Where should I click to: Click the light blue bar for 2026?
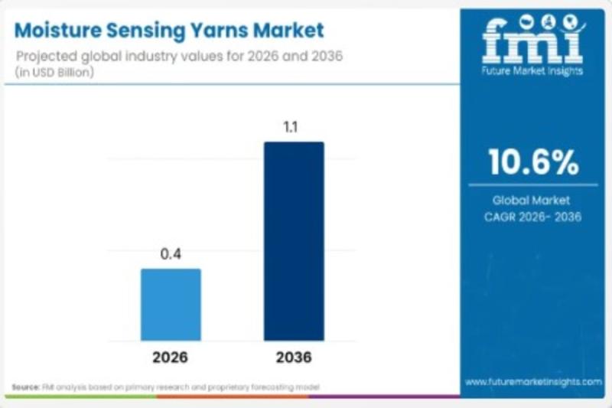pos(171,304)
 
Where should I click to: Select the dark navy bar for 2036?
pos(294,240)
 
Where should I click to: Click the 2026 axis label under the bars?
pos(170,357)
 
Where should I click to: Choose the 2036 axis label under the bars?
pos(294,357)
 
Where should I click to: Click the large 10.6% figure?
pos(533,162)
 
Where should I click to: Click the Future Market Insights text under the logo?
pos(533,70)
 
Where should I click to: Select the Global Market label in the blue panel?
pos(532,201)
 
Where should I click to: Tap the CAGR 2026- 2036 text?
pos(532,217)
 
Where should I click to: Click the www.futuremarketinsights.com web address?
pos(533,380)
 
